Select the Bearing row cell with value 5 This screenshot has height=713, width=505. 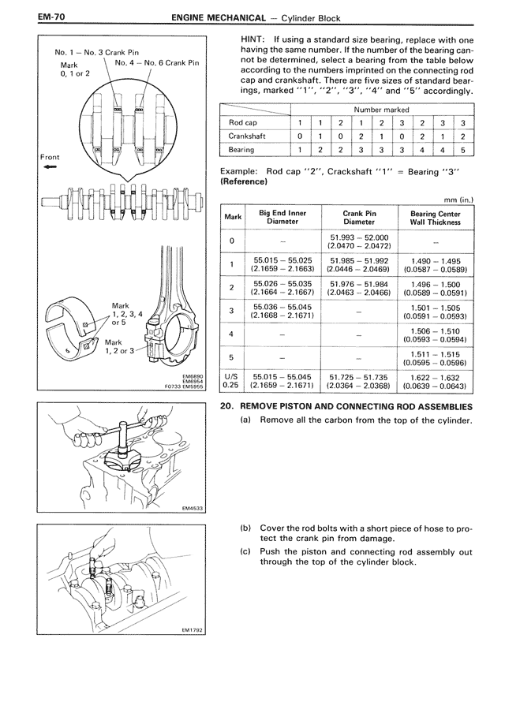463,149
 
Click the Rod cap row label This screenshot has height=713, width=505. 243,123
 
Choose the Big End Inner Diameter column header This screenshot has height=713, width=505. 282,217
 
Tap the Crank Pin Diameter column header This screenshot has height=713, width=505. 359,217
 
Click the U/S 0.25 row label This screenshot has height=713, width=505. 231,381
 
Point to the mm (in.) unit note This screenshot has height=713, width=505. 458,200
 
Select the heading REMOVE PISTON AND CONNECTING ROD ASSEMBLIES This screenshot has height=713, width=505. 356,406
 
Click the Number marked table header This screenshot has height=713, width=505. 381,110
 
